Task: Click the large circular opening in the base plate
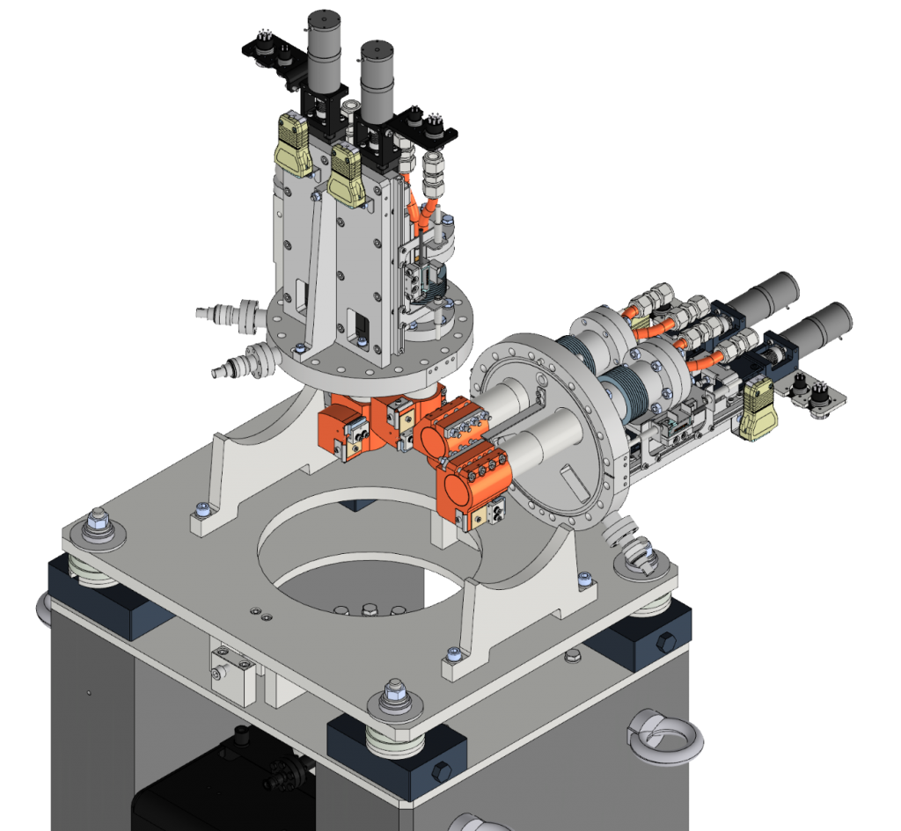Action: point(370,563)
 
